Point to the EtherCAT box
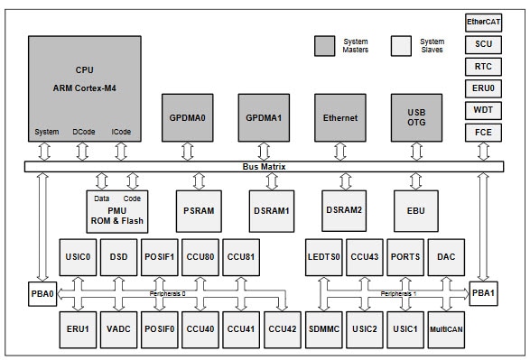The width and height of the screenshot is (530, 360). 483,21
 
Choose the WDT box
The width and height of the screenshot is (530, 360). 483,110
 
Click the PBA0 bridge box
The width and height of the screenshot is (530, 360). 42,293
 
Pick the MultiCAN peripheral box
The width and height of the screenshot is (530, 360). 446,330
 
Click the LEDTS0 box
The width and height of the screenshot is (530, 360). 323,257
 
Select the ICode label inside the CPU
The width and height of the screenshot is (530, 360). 120,132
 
